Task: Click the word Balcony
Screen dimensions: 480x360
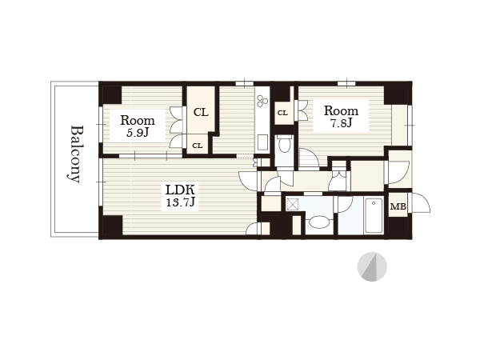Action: [74, 154]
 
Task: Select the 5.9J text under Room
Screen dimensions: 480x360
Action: [138, 133]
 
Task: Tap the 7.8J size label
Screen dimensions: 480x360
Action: [341, 122]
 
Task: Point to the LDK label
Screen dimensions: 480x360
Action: [180, 190]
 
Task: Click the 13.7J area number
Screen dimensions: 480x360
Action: [180, 202]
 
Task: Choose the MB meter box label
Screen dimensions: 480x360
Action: [398, 206]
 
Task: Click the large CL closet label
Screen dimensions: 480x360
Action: [201, 112]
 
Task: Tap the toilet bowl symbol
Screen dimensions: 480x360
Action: [284, 144]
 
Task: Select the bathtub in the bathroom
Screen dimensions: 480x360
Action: [374, 215]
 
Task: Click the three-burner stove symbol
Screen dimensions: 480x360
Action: [262, 101]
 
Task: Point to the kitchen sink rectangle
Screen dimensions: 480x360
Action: [262, 142]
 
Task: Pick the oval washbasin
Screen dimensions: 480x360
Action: [318, 222]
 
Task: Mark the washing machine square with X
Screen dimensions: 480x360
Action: [292, 204]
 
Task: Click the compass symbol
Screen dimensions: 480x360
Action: [372, 266]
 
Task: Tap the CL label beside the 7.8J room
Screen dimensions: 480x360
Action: [282, 113]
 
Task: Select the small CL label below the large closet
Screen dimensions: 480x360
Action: [197, 146]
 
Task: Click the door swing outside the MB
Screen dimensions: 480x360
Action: [422, 202]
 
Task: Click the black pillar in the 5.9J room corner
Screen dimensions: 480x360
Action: [112, 94]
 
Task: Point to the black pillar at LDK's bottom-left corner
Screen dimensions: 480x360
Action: [112, 226]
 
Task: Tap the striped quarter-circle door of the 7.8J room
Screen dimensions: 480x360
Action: [309, 158]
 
